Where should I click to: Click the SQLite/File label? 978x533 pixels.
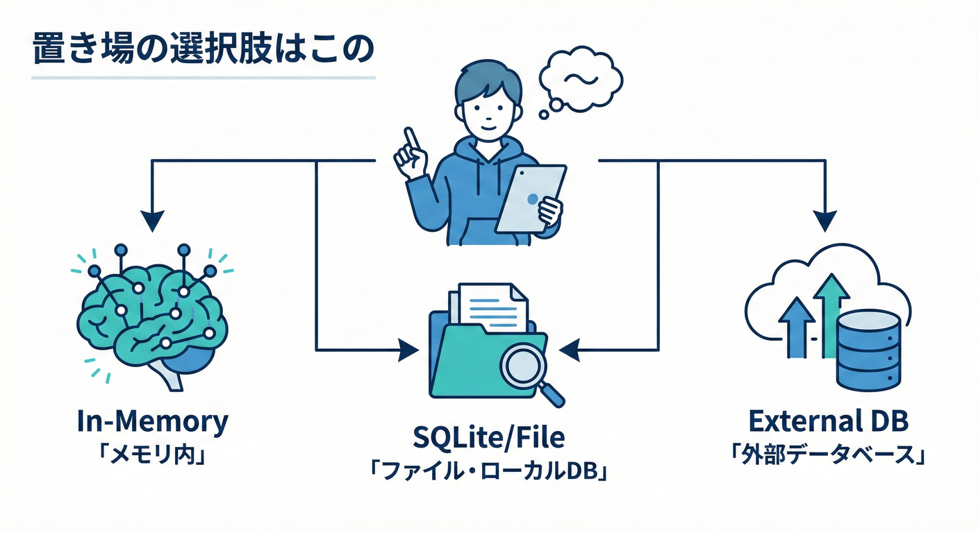[488, 439]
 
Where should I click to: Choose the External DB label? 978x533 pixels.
[829, 421]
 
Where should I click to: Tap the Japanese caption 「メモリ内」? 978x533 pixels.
[152, 457]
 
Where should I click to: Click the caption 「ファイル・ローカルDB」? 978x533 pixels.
[489, 473]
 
